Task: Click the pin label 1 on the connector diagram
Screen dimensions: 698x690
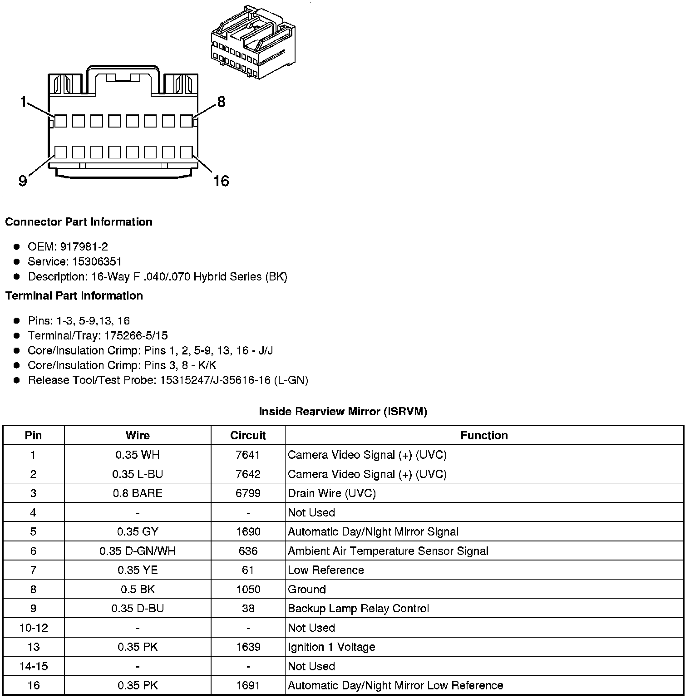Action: (23, 102)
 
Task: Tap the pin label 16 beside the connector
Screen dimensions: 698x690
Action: (221, 181)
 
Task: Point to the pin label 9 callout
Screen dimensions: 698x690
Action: (23, 181)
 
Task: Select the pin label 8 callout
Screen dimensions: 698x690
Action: (221, 102)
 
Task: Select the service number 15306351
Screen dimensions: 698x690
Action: (97, 262)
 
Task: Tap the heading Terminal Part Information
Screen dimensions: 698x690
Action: (74, 296)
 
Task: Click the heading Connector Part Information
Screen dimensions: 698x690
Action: (79, 222)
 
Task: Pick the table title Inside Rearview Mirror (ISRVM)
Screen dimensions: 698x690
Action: (343, 412)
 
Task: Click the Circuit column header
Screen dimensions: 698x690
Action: (248, 436)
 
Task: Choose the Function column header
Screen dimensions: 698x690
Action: (484, 436)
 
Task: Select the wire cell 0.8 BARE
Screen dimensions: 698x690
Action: (138, 493)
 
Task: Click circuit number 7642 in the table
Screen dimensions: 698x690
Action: (248, 474)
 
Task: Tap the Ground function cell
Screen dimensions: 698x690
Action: (307, 590)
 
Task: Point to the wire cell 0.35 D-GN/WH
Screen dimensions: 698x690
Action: (138, 551)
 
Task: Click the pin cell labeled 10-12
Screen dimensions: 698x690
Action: (34, 628)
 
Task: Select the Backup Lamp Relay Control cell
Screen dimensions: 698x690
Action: (358, 609)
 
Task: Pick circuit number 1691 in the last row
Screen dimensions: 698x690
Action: (248, 685)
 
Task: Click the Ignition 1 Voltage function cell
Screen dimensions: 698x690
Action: (331, 647)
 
